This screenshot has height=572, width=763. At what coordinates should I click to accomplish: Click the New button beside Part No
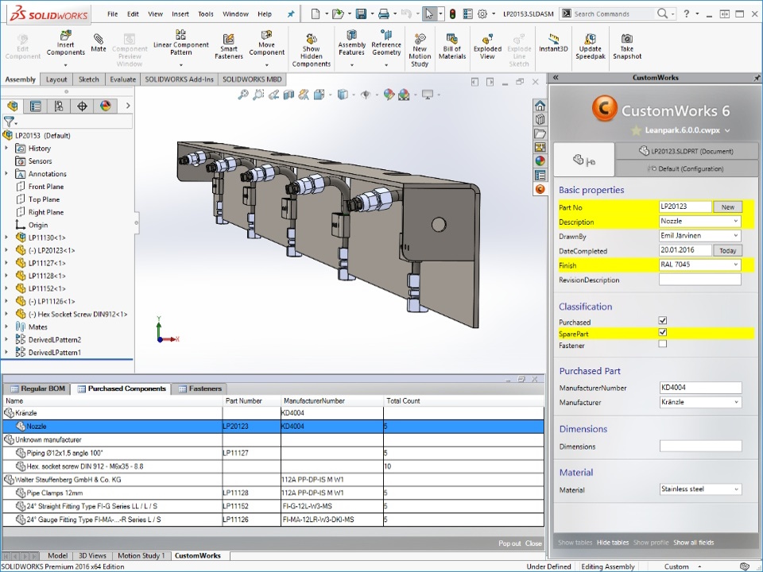point(727,207)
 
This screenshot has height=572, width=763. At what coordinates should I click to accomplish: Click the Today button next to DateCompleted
point(727,250)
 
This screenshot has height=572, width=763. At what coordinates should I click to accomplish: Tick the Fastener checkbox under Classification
point(663,345)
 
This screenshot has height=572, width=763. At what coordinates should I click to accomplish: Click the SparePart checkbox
point(663,333)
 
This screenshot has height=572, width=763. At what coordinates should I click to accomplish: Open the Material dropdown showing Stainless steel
point(699,489)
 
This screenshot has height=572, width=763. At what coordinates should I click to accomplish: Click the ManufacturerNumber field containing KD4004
point(699,388)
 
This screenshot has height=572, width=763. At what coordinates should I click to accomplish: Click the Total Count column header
point(404,400)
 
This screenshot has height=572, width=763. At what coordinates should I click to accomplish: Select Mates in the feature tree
point(38,327)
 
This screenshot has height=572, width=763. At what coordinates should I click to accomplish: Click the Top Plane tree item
point(45,199)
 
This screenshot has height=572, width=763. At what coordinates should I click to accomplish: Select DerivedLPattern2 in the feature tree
point(55,339)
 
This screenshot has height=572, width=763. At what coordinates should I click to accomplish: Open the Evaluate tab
point(122,79)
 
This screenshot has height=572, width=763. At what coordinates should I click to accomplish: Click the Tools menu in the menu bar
point(205,14)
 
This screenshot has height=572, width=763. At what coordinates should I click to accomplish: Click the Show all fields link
point(693,543)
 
